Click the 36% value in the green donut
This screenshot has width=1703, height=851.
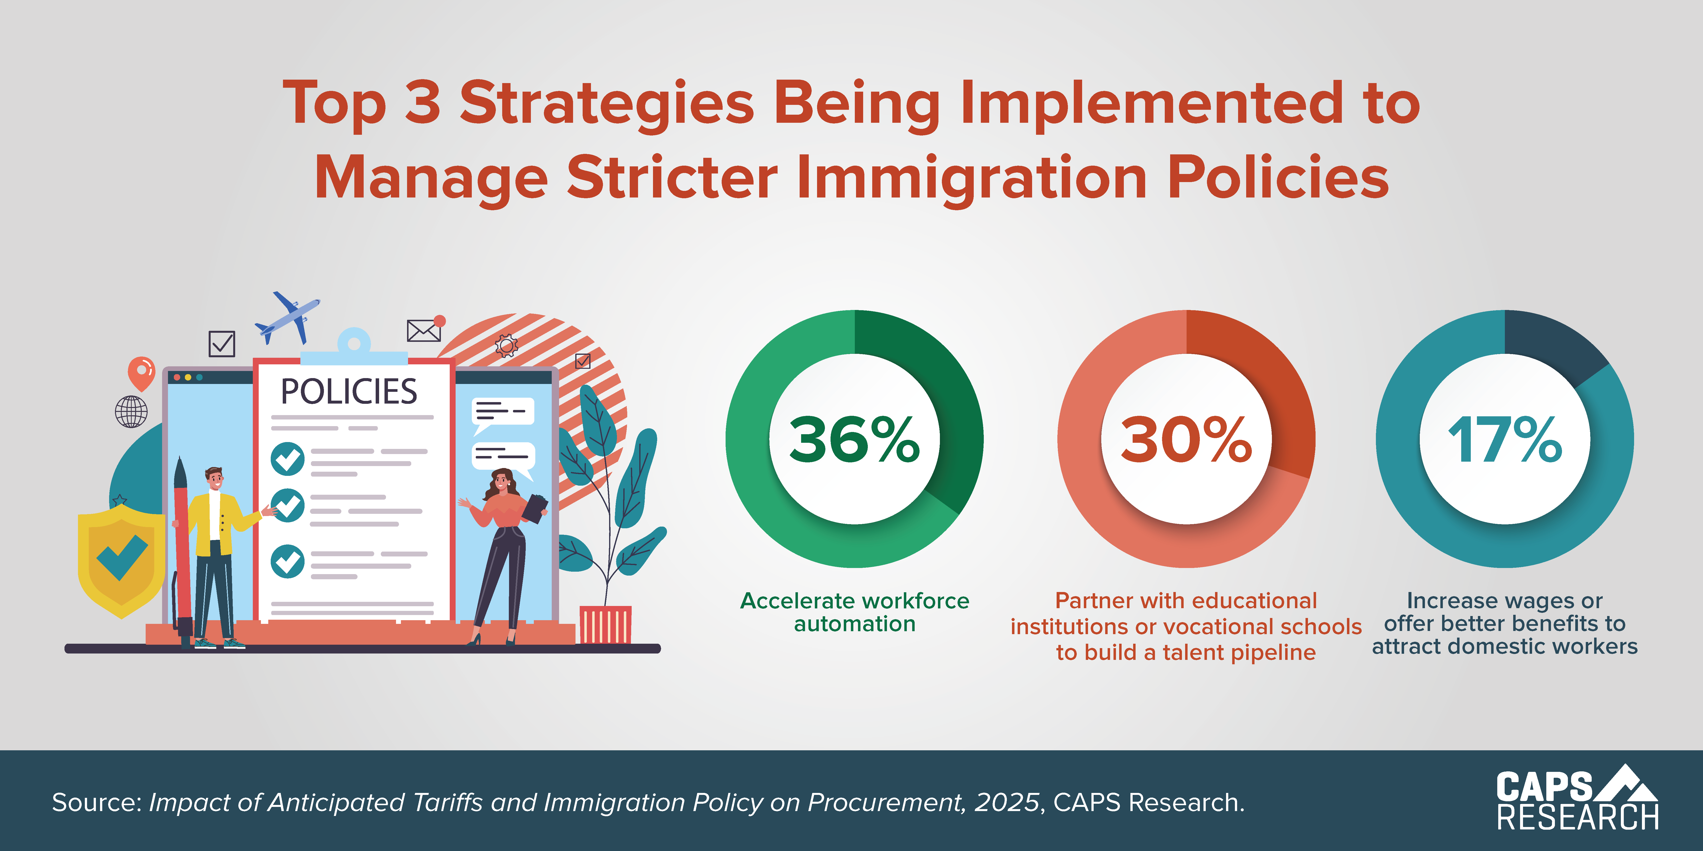click(854, 439)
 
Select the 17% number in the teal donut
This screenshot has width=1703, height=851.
click(1505, 439)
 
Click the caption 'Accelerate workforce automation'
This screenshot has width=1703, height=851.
click(854, 612)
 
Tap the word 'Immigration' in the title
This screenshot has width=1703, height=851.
click(972, 178)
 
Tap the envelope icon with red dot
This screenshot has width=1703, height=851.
click(424, 329)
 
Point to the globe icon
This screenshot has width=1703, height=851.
click(131, 412)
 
